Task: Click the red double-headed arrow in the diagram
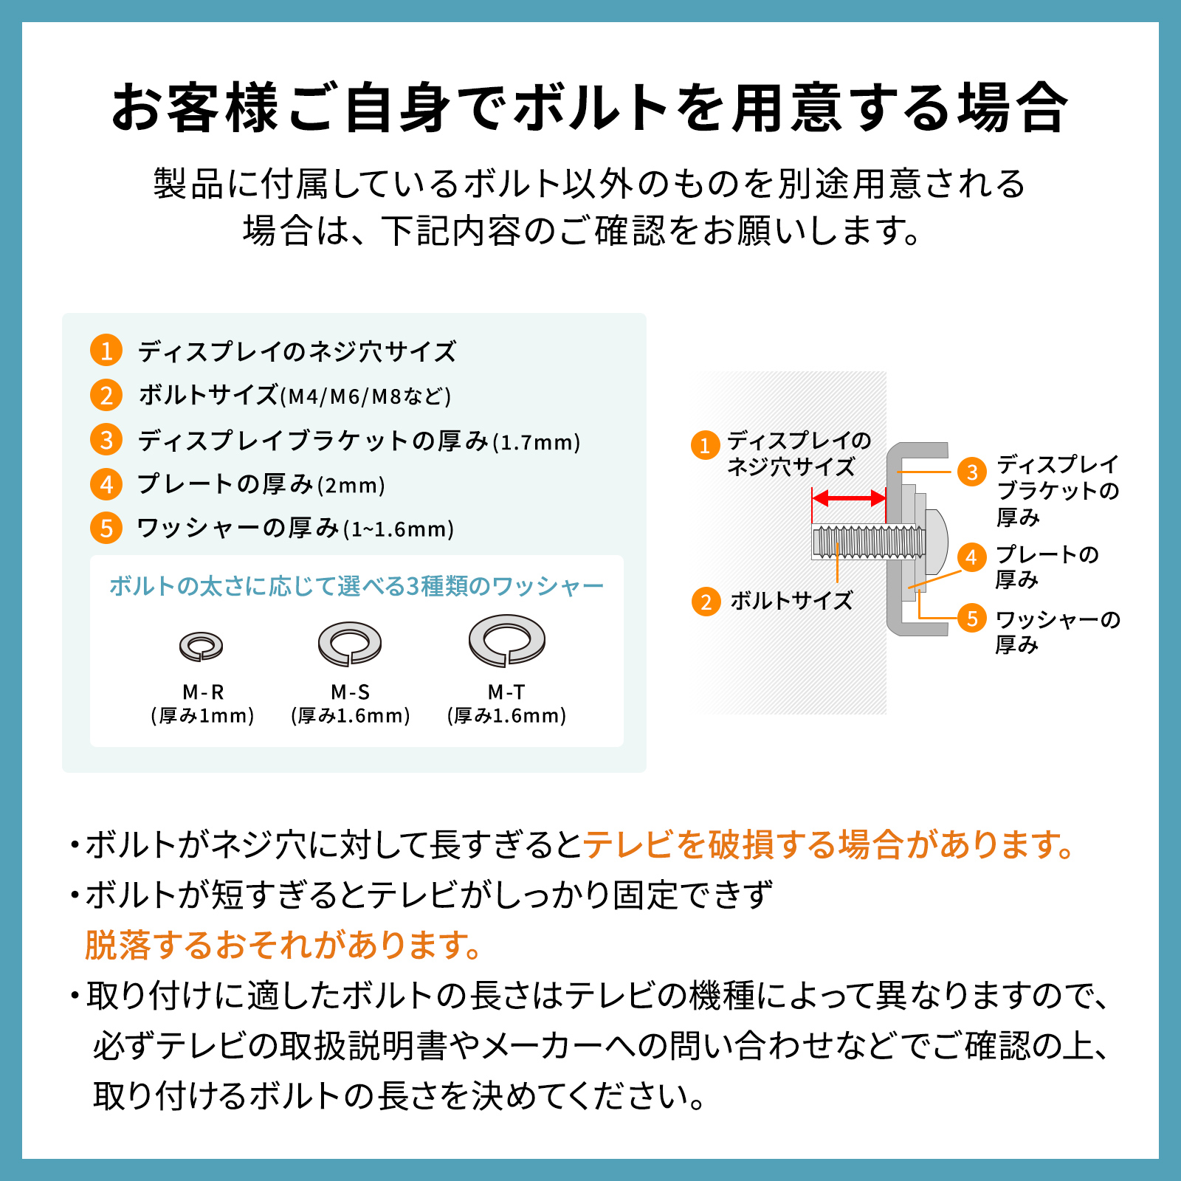click(849, 498)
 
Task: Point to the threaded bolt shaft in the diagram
click(867, 542)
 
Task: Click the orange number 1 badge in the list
click(106, 351)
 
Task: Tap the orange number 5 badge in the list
click(106, 528)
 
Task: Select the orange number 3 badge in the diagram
click(972, 472)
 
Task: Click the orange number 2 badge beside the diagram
click(706, 602)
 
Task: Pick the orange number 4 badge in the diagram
click(972, 557)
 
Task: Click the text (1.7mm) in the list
click(537, 442)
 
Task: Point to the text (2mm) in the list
click(351, 486)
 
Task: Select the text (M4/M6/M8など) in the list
click(365, 396)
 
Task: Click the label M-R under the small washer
click(203, 692)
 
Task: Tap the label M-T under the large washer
click(506, 692)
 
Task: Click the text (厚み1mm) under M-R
click(202, 715)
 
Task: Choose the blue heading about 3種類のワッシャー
click(357, 586)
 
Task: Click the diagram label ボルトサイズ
click(791, 601)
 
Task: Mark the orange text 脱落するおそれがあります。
click(283, 945)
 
